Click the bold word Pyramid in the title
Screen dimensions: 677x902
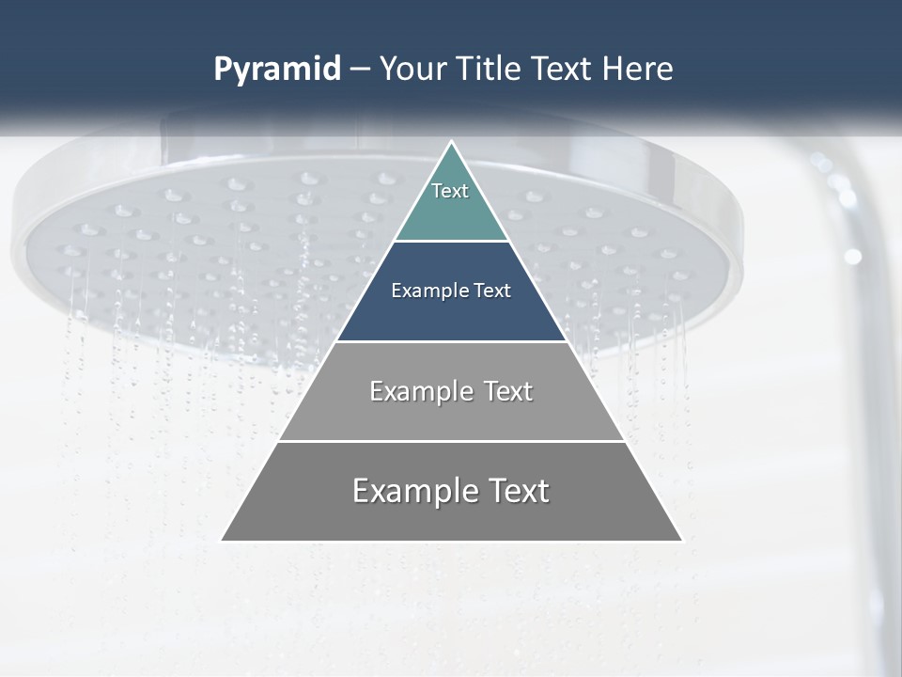(277, 70)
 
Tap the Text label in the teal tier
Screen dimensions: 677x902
(450, 191)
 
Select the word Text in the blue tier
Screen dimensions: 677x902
(493, 291)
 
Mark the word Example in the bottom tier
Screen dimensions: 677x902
(413, 491)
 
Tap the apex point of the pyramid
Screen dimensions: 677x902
(452, 143)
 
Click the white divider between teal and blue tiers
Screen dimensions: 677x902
(451, 242)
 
